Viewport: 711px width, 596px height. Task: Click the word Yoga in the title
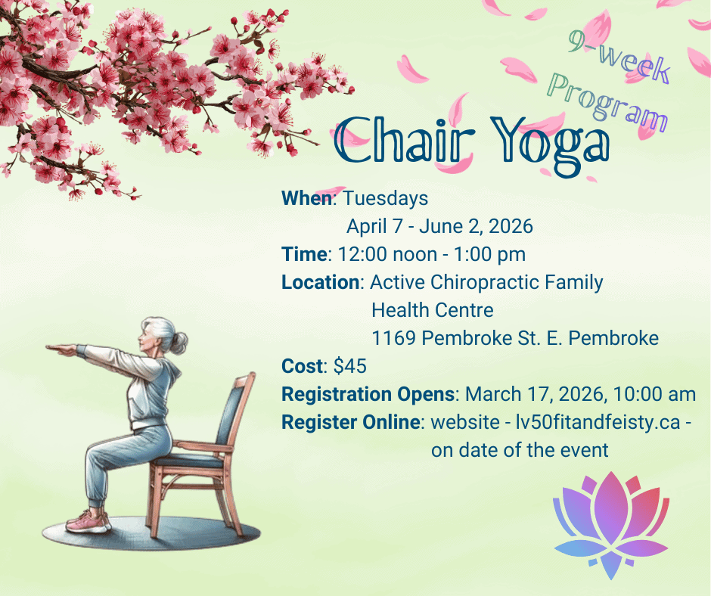click(550, 144)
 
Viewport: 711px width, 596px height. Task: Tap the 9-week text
click(619, 57)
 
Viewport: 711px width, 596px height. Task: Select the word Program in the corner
click(607, 103)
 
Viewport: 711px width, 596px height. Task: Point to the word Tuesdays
click(385, 199)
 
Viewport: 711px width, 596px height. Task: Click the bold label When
click(307, 199)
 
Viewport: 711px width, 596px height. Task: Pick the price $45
click(349, 366)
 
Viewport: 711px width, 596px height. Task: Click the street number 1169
click(393, 338)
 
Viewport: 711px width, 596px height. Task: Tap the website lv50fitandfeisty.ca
click(598, 423)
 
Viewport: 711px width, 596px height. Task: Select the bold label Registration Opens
click(368, 395)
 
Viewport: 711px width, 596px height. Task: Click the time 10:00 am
click(654, 394)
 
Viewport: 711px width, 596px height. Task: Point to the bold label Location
click(321, 282)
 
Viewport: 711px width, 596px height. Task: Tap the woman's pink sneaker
click(88, 523)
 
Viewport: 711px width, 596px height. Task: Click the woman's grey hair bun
click(179, 343)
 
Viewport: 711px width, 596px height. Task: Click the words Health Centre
click(432, 311)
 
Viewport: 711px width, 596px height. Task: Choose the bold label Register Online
click(350, 423)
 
